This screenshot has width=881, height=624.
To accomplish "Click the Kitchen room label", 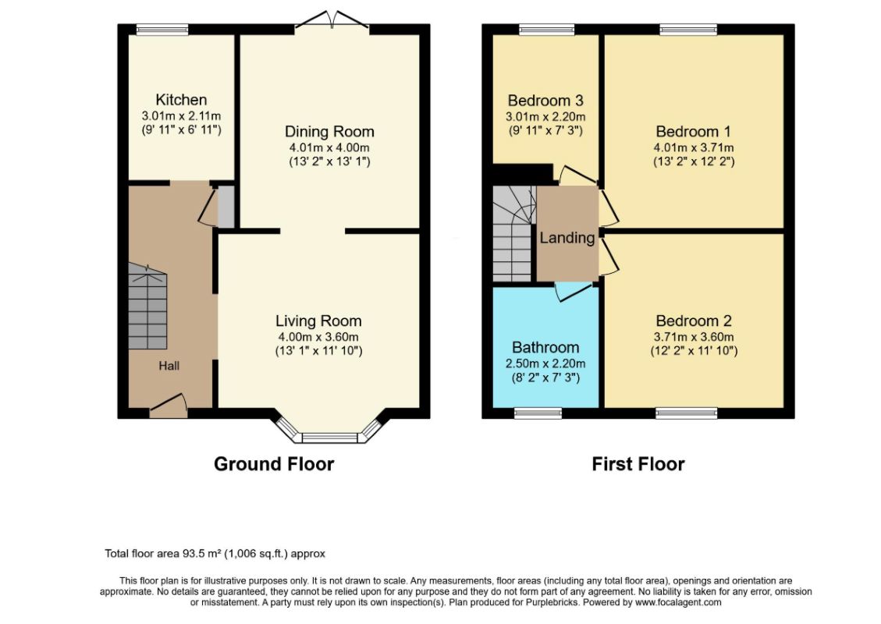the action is click(x=181, y=100).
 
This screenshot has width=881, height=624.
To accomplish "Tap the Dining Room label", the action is click(x=329, y=132).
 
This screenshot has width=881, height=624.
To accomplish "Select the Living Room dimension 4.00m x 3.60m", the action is click(x=318, y=337).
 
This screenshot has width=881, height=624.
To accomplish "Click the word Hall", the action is click(x=169, y=366).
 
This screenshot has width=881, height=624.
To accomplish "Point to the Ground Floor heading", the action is click(x=274, y=464).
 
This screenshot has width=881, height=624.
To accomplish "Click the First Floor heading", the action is click(x=638, y=464).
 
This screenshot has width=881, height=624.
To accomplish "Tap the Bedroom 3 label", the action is click(x=545, y=101).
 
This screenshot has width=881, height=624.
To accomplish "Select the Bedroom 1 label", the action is click(x=694, y=131).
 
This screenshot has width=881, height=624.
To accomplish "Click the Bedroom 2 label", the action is click(x=694, y=321).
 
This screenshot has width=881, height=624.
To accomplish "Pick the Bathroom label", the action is click(x=545, y=347).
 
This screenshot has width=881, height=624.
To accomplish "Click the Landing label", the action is click(x=567, y=238).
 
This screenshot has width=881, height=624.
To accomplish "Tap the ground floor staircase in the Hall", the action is click(x=147, y=307).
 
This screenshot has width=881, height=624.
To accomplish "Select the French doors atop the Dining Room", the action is click(x=332, y=21).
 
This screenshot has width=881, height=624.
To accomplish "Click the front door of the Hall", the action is click(x=168, y=406).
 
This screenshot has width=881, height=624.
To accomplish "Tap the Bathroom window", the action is click(x=538, y=413).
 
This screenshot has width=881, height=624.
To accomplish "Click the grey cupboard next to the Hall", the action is click(x=226, y=207).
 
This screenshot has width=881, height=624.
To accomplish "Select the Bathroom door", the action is click(x=573, y=292).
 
